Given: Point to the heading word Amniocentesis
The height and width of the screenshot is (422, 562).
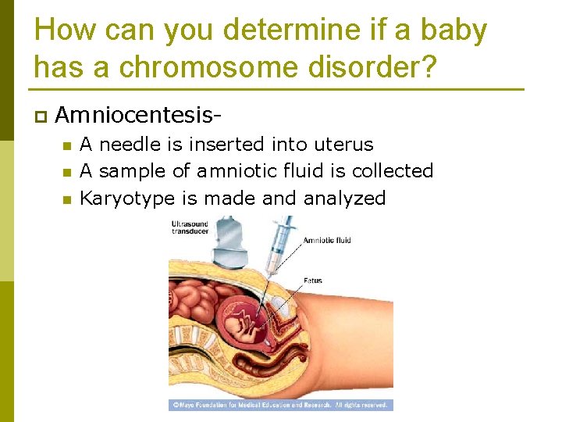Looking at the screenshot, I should pos(137,116).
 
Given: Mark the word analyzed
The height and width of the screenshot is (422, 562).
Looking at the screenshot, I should pos(344,198).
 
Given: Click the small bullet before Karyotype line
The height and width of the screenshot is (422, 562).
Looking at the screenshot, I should pos(66,199).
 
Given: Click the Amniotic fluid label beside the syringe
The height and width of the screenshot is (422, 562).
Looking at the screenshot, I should pos(326,240).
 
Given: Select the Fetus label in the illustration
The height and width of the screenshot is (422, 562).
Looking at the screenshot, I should pos(312,281).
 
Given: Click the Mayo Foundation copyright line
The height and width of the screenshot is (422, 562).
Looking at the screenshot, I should pos(281,405).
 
